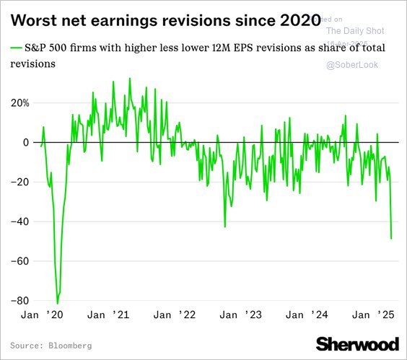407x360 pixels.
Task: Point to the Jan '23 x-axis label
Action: [x=240, y=315]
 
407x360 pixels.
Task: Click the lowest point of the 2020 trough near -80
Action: [x=58, y=303]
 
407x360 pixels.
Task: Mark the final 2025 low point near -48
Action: [x=391, y=238]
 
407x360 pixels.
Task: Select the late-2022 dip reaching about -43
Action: [x=225, y=227]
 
